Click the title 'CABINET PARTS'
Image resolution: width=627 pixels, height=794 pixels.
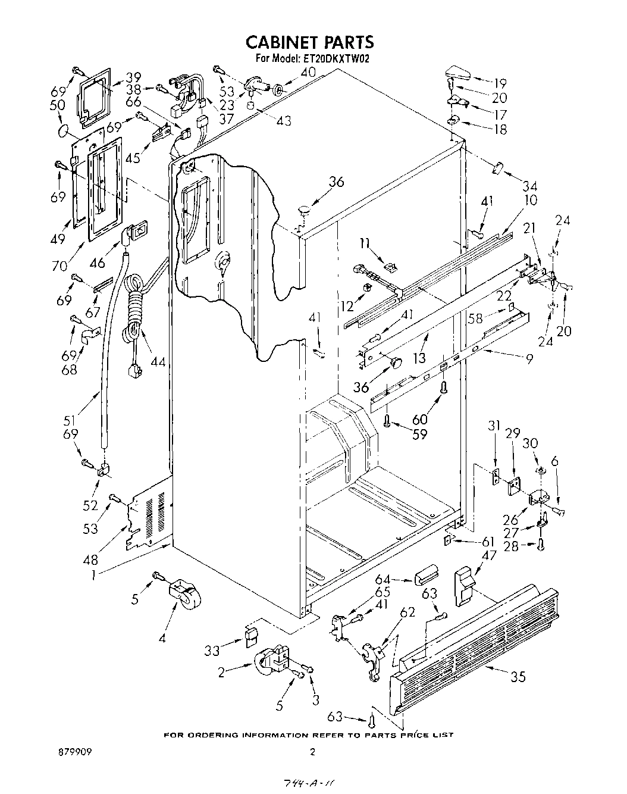310,42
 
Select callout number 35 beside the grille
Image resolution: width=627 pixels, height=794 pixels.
518,676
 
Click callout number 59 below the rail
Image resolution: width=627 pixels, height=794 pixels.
420,434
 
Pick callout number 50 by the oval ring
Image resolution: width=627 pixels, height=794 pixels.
59,105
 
